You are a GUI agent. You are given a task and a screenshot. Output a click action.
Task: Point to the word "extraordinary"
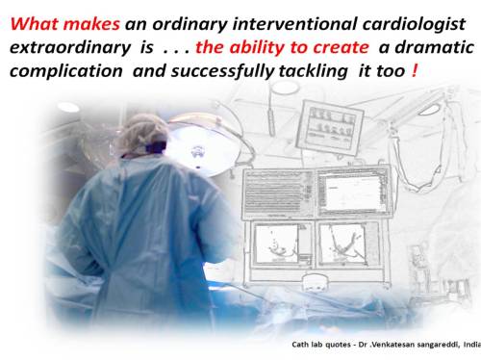64,45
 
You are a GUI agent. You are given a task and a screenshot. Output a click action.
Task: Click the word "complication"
63,70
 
